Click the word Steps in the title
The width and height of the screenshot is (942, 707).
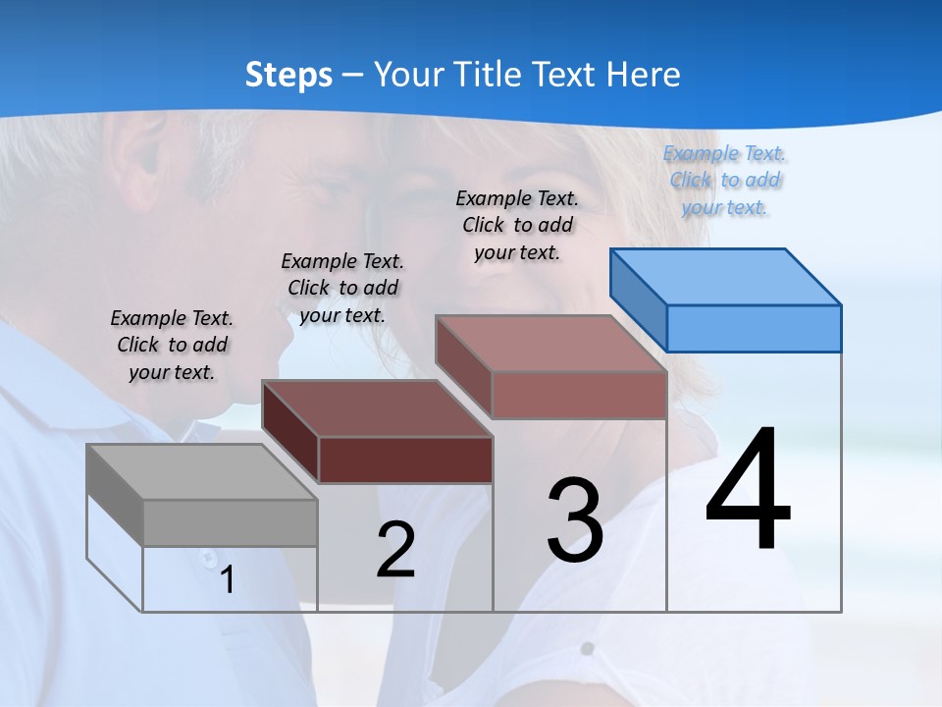(288, 75)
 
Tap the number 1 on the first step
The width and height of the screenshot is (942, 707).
(227, 580)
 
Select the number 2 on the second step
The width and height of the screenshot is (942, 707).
(395, 550)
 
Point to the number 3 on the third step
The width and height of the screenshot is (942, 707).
(575, 519)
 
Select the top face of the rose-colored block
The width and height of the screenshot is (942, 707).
(550, 345)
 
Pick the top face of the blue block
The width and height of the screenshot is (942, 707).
(725, 277)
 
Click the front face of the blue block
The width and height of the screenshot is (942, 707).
(754, 328)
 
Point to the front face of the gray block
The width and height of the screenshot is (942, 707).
(230, 522)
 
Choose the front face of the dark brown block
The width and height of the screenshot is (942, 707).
(405, 460)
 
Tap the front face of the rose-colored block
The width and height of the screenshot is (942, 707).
(579, 396)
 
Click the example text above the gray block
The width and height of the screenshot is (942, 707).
(172, 346)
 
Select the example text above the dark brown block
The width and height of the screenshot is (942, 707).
(342, 288)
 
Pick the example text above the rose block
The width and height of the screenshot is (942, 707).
(517, 225)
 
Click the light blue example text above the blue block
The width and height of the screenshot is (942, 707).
(725, 180)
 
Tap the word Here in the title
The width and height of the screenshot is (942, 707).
(644, 75)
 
